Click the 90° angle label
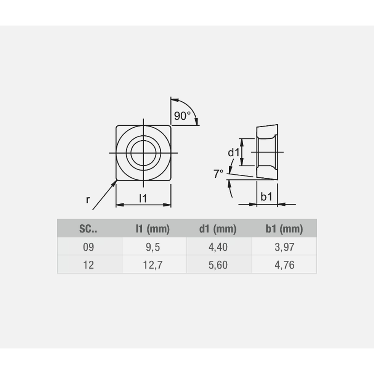(182, 116)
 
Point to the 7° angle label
(218, 174)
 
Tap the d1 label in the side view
(233, 152)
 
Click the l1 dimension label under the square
(143, 199)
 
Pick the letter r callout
(88, 200)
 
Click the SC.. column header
(88, 229)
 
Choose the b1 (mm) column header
(284, 229)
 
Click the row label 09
(89, 247)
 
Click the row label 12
(89, 265)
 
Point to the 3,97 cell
(284, 247)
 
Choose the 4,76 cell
(284, 265)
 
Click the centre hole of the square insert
(144, 153)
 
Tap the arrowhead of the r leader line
(115, 182)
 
